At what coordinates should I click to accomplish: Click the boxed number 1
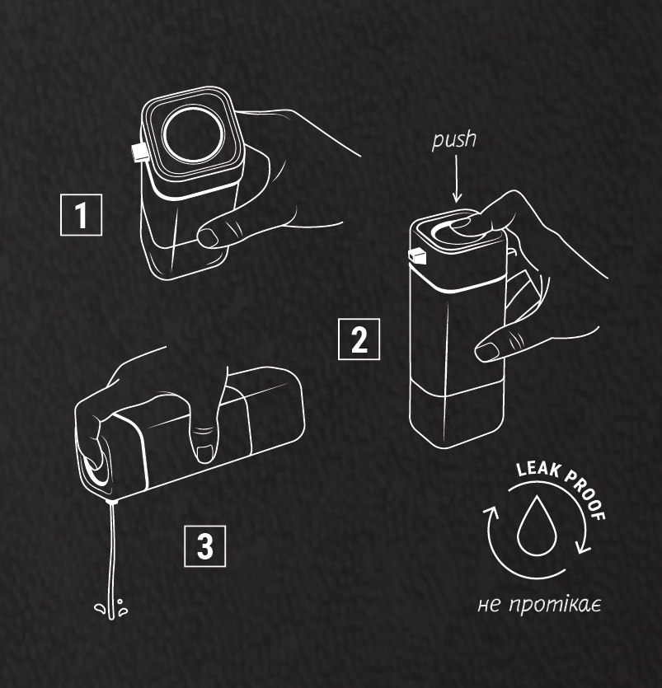(82, 215)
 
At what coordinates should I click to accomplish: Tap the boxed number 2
(359, 339)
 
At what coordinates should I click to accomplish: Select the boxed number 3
(205, 546)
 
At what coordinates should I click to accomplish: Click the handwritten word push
(454, 140)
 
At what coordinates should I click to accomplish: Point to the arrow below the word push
(457, 179)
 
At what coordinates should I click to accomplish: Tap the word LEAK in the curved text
(538, 470)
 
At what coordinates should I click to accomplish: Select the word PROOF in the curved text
(586, 494)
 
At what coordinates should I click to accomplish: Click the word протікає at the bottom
(555, 606)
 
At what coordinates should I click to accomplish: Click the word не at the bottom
(489, 606)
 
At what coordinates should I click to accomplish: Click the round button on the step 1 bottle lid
(193, 134)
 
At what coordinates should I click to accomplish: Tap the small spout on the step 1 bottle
(139, 152)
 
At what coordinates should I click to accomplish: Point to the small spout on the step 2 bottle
(417, 257)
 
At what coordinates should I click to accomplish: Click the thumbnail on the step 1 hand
(208, 238)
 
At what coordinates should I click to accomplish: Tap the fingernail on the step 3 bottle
(205, 453)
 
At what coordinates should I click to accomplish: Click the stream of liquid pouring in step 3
(111, 560)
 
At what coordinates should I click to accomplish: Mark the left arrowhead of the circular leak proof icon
(491, 512)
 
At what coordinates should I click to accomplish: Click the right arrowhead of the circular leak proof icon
(584, 548)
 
